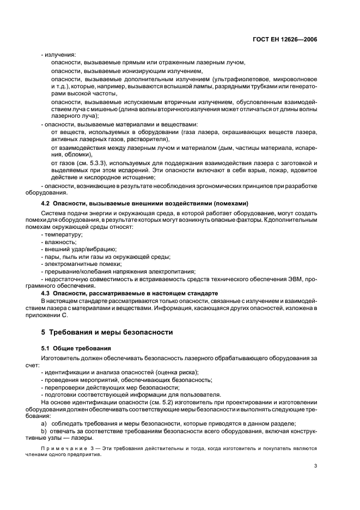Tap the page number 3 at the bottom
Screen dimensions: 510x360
tap(315, 466)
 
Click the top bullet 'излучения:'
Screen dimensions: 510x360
tap(60, 54)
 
